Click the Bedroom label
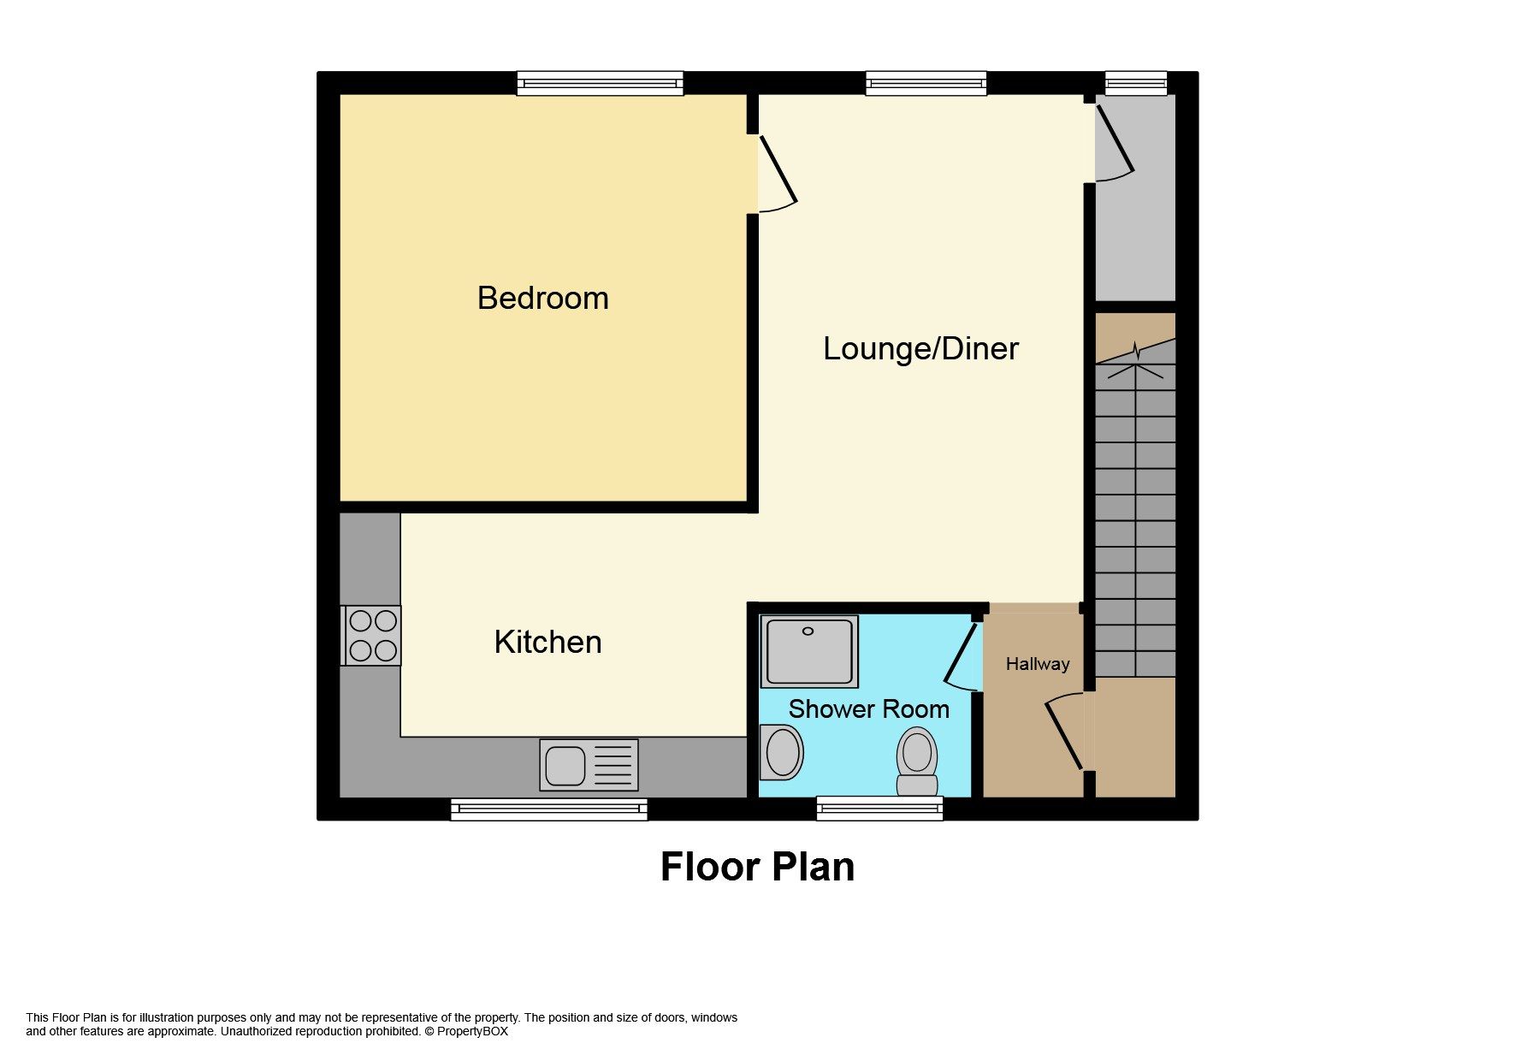542,298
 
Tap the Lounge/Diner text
920,348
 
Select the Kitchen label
547,642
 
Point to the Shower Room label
868,708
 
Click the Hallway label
1037,664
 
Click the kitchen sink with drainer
589,764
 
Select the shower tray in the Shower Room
809,650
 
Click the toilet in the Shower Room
917,761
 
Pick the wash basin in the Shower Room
781,752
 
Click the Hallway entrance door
1064,732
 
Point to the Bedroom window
600,83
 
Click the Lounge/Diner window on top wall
926,83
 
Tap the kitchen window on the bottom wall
548,809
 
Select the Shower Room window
879,808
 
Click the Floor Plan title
757,866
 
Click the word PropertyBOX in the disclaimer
472,1031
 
